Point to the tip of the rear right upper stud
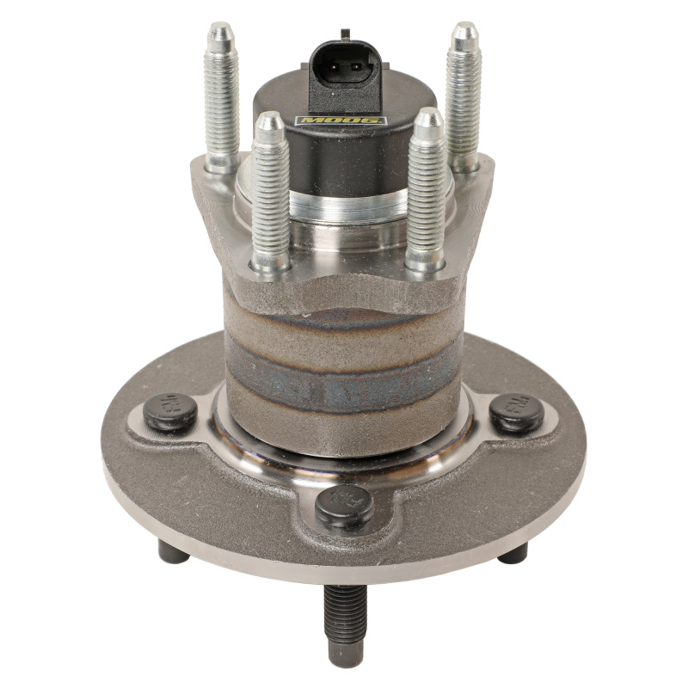[465, 33]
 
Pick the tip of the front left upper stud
[269, 122]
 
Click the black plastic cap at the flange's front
[345, 507]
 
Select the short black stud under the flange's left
[175, 553]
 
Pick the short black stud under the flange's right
[513, 553]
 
